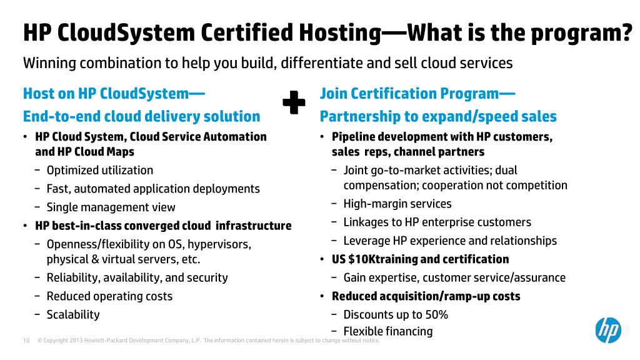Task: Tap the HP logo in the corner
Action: pos(607,330)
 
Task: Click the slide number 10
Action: pos(26,341)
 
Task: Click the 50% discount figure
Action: pos(437,314)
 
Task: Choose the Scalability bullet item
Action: pos(72,314)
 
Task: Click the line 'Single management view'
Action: pos(111,207)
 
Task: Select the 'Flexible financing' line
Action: pos(387,331)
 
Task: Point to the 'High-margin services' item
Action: pos(397,204)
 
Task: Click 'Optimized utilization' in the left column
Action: pos(99,170)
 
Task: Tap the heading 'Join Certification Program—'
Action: pos(417,94)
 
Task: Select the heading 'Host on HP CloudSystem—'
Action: pos(114,94)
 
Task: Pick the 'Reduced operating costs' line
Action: pos(109,296)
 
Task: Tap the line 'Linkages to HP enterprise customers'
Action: pos(437,222)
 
